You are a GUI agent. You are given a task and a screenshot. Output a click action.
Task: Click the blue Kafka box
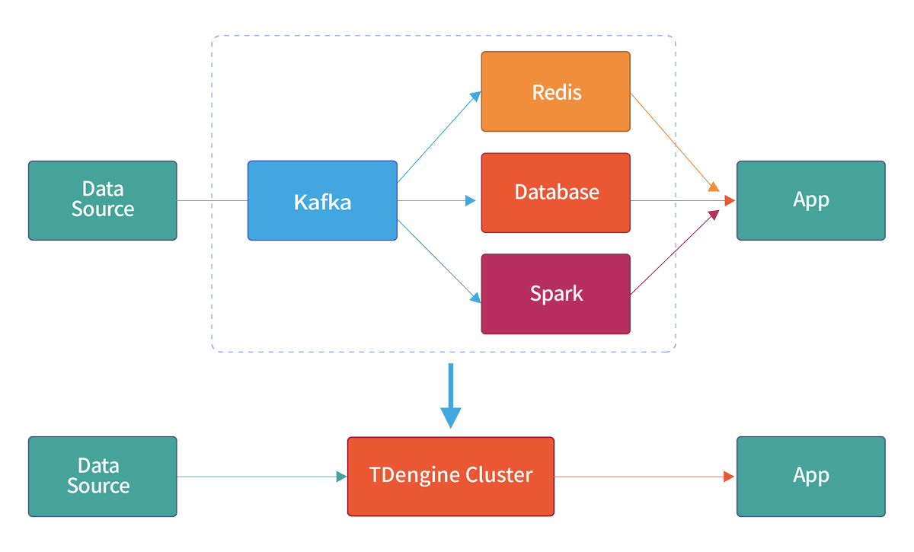[322, 201]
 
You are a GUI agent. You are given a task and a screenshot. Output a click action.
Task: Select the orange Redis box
[555, 91]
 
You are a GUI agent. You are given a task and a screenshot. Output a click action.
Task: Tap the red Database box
[555, 193]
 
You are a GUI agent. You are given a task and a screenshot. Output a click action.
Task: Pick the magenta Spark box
[555, 294]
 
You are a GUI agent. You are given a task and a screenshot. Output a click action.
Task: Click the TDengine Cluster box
[451, 476]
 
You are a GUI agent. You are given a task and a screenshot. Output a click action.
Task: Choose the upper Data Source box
[103, 200]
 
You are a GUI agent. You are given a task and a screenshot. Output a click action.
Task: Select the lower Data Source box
[103, 477]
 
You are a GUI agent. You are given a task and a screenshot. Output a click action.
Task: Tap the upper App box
[810, 200]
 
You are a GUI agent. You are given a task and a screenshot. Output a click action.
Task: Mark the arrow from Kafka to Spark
[439, 260]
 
